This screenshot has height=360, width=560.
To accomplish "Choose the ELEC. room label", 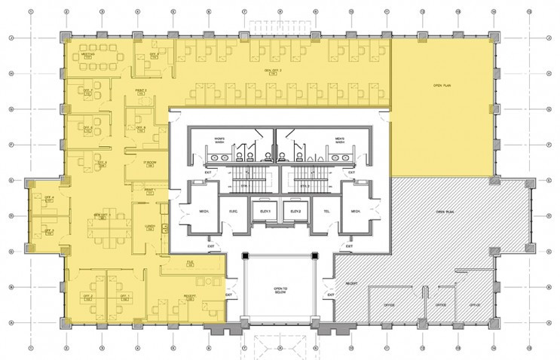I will point(232,212).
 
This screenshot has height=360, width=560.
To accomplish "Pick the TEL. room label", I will point(326,212).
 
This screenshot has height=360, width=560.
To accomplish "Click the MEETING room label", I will point(87,56).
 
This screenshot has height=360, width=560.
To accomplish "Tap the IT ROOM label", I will point(150,163).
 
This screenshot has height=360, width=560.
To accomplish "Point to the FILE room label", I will point(191,261).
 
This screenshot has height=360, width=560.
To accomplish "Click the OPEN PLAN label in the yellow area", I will point(442,86).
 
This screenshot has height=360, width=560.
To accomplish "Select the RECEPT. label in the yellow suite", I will point(191,297).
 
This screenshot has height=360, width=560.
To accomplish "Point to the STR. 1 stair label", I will point(243,183).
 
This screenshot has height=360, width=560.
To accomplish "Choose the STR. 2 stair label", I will point(305,183).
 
